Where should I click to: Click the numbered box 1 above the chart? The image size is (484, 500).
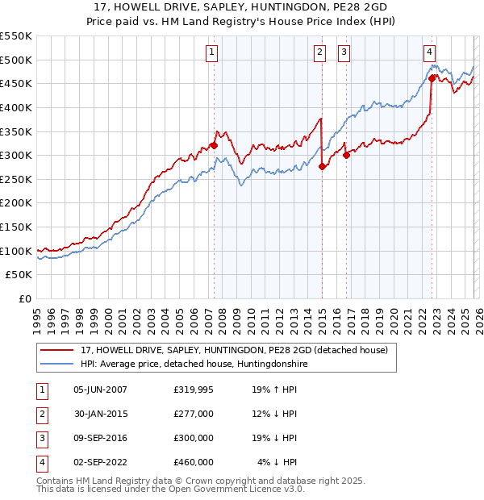coord(211,52)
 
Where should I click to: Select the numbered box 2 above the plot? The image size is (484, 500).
coord(319,52)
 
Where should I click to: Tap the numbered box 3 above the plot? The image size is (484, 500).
coord(344,52)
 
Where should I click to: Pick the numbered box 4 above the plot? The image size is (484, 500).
coord(430,52)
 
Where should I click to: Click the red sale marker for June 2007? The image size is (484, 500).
coord(214,146)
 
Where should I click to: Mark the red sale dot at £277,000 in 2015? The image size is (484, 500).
coord(322,167)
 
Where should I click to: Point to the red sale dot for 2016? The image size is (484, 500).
coord(345,156)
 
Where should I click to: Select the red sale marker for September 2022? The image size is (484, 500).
coord(432,78)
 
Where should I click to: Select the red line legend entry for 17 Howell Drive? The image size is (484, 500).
coord(234,350)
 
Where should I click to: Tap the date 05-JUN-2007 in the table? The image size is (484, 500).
coord(100,390)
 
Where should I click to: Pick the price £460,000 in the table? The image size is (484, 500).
coord(194,462)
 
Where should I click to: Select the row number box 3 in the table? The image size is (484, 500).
coord(41,438)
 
